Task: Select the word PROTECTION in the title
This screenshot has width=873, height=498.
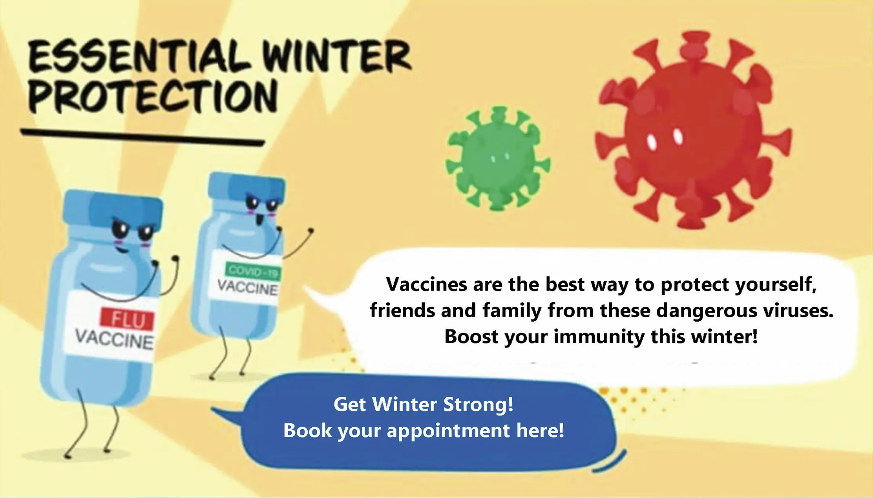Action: pos(153,97)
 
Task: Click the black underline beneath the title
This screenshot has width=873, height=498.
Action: pos(142,137)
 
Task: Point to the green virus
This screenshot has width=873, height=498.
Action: pos(498,158)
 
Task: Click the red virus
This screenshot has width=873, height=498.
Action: pos(693,130)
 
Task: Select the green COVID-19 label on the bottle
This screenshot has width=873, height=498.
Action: pos(253,271)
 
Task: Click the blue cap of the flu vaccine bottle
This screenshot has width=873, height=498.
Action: pos(113,210)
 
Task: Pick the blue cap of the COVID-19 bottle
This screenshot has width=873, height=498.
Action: pos(247,188)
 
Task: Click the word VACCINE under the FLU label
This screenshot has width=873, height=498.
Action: pos(114,340)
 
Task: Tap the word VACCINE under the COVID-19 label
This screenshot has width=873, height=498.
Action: pos(247,288)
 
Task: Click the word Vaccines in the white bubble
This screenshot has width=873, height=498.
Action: pos(426,284)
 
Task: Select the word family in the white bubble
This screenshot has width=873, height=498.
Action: pos(512,311)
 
